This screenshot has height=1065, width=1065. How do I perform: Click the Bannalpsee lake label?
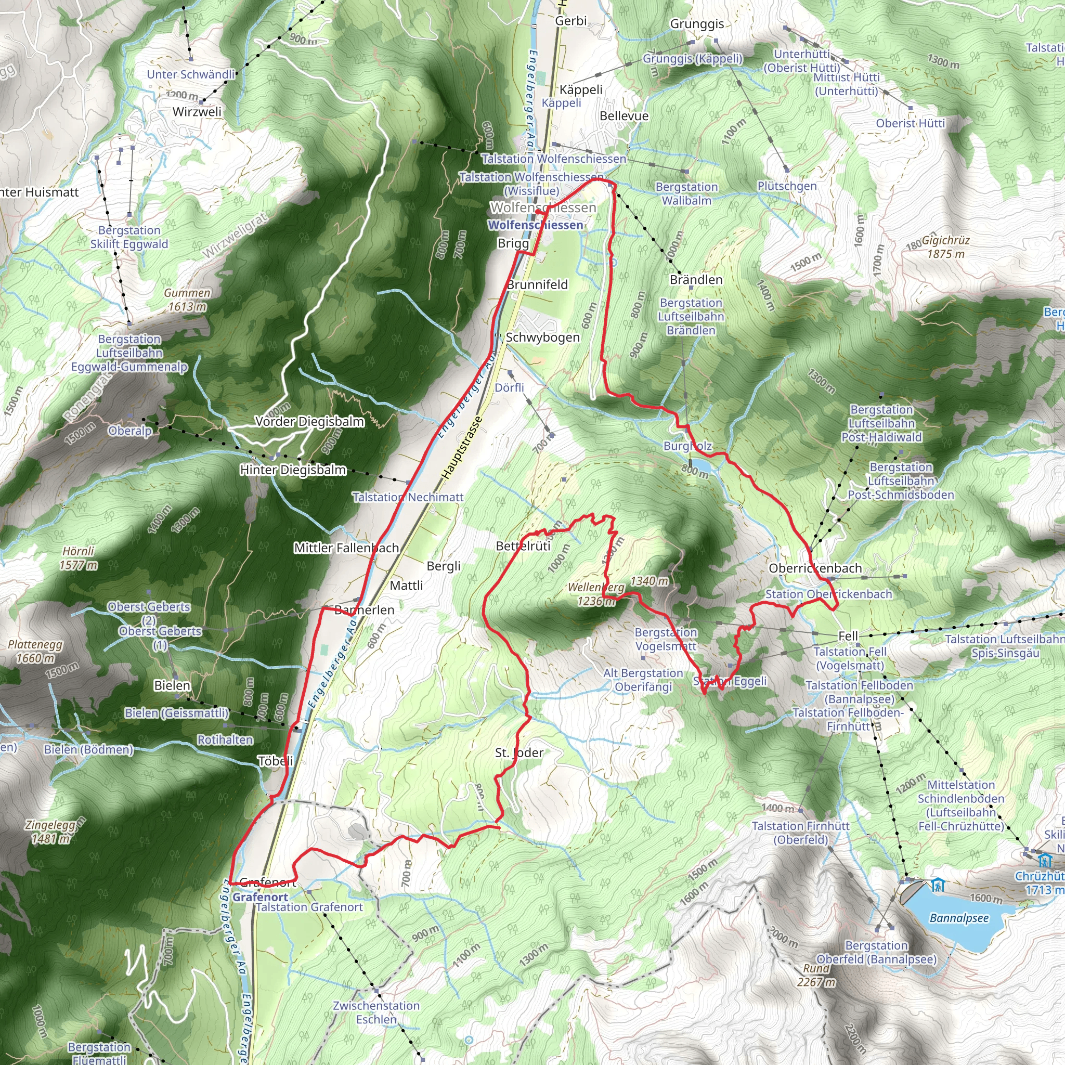click(x=958, y=918)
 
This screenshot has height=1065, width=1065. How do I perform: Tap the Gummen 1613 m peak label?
click(x=187, y=300)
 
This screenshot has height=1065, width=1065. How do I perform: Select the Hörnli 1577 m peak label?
click(x=79, y=558)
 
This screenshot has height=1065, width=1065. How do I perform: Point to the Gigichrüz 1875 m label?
click(x=945, y=247)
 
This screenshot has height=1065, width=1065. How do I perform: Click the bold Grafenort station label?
click(x=260, y=897)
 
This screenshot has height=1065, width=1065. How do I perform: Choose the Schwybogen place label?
click(x=542, y=337)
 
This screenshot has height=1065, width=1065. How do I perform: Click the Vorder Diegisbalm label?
click(x=309, y=422)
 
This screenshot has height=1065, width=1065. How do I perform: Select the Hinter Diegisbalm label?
click(x=293, y=470)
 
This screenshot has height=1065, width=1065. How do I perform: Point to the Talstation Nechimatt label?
click(x=408, y=497)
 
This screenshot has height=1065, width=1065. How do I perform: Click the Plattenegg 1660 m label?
click(x=35, y=651)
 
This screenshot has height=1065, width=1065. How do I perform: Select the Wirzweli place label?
click(x=197, y=112)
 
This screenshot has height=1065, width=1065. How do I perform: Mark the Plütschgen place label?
click(x=787, y=186)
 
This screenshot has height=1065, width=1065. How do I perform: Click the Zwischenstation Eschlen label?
click(x=376, y=1012)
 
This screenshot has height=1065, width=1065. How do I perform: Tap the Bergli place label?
click(x=443, y=566)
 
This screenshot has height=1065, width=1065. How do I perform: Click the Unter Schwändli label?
click(x=191, y=74)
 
